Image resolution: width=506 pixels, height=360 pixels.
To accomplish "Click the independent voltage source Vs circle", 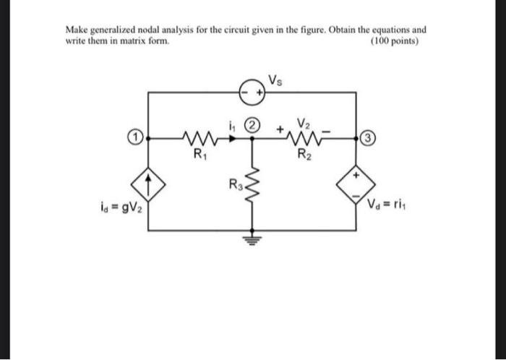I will click(x=252, y=92).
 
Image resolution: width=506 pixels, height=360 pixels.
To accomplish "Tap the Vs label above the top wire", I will click(x=276, y=80).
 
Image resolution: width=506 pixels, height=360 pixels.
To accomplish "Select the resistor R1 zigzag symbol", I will click(x=197, y=135).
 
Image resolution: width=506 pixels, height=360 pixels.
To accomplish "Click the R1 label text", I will click(x=196, y=153).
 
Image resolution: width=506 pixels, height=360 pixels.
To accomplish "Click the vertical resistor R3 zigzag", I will click(x=252, y=192).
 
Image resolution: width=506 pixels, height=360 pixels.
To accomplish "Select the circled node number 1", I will click(x=134, y=135).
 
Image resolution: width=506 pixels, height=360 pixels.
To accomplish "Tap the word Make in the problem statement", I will click(x=77, y=30).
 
